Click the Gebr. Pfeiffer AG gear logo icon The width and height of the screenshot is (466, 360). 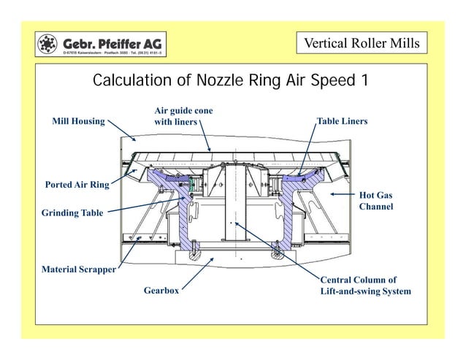49,44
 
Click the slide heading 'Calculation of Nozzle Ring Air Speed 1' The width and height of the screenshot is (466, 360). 230,80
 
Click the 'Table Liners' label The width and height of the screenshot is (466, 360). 342,120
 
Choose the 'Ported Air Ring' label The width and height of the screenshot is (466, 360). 76,185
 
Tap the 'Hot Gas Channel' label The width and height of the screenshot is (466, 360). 375,202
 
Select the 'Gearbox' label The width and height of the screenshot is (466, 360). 161,290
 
